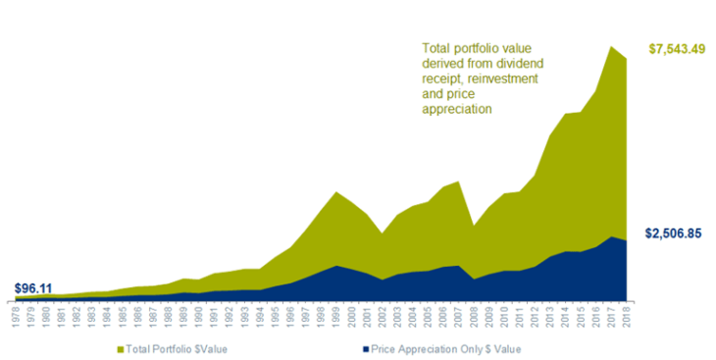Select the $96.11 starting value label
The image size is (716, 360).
(x=34, y=288)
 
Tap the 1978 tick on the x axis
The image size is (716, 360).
(x=17, y=315)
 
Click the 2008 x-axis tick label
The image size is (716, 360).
(x=474, y=315)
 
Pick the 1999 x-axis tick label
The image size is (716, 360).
(x=337, y=315)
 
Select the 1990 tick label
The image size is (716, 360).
(x=200, y=315)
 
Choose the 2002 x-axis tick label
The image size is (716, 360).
(x=383, y=315)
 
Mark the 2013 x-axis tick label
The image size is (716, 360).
(x=550, y=315)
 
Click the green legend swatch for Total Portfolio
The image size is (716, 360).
(x=120, y=348)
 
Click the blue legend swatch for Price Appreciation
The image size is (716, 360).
(x=366, y=348)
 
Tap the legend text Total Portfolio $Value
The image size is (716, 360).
(x=176, y=348)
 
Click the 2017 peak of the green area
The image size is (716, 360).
(x=611, y=47)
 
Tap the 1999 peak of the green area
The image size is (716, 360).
(x=337, y=192)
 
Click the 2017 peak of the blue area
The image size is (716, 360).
(x=611, y=236)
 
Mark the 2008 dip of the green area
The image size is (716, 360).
(x=474, y=227)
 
